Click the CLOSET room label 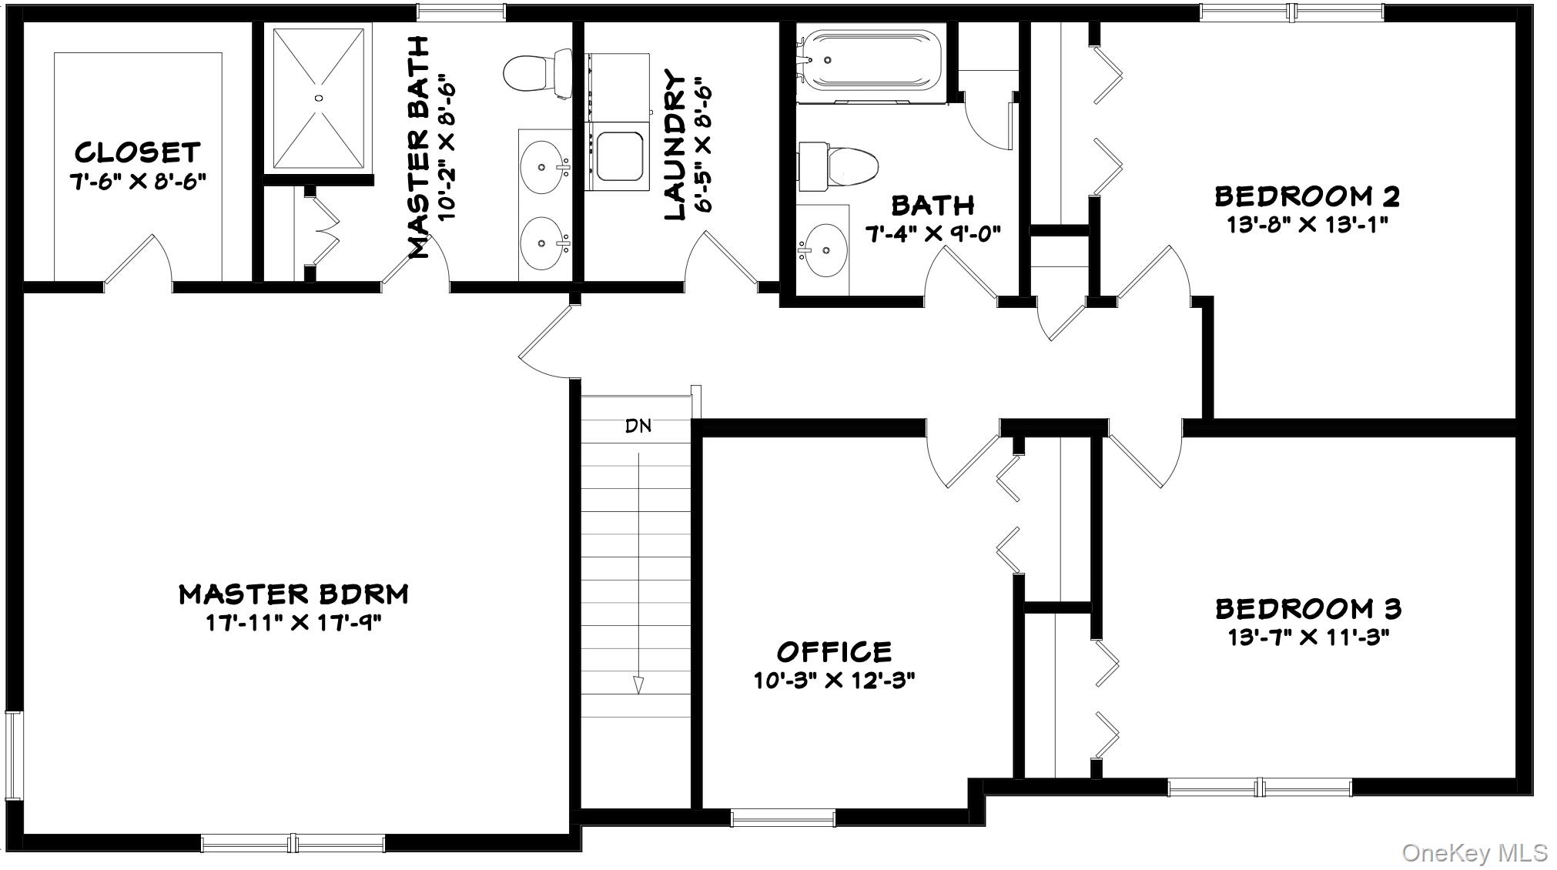[x=138, y=152]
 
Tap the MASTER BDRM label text [x=293, y=594]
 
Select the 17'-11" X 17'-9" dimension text [x=293, y=623]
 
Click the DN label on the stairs [x=638, y=426]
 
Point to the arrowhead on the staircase [x=638, y=684]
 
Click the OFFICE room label [x=834, y=652]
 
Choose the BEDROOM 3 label [x=1308, y=609]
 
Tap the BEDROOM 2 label [x=1307, y=196]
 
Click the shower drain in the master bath [x=318, y=98]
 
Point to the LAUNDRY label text [x=675, y=146]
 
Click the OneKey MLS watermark [x=1474, y=852]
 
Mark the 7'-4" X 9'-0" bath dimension [x=933, y=233]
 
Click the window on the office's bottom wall [x=782, y=818]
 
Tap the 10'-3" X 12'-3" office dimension [x=834, y=681]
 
